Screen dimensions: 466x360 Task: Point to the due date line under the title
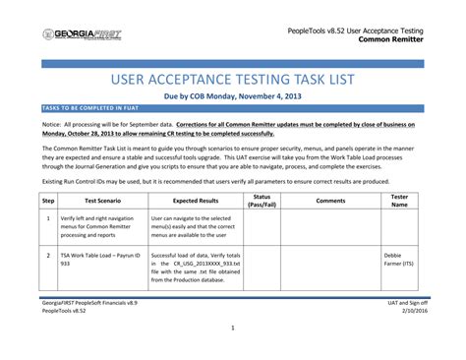click(233, 98)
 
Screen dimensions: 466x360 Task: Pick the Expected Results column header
click(196, 200)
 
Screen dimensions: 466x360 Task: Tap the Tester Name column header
click(400, 200)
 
